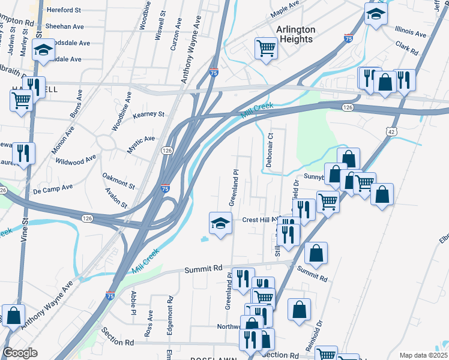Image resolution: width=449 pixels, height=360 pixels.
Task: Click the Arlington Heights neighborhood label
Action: coord(295,34)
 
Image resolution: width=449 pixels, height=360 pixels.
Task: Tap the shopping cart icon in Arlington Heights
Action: coord(266,48)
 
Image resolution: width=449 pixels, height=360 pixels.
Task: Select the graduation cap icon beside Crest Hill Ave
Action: coord(220,224)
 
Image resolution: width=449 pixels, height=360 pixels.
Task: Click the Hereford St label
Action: coord(64,10)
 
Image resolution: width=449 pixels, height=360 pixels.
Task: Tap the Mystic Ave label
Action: coord(140,142)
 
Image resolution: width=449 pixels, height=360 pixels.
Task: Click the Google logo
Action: coord(20,352)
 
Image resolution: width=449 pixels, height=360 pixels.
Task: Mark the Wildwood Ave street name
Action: coord(75,160)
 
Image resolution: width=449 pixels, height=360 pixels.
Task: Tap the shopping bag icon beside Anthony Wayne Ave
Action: coord(13,316)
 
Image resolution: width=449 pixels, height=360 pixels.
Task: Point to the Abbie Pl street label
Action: coord(133,303)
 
